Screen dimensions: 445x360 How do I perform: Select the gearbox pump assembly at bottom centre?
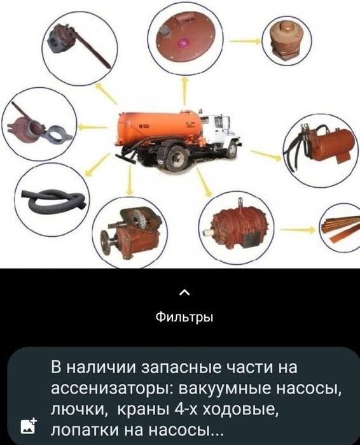[x=134, y=230]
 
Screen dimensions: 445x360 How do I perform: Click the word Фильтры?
[x=184, y=316]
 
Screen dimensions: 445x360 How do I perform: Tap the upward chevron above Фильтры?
[x=184, y=293]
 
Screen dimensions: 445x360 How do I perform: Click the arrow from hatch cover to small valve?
[x=243, y=41]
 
